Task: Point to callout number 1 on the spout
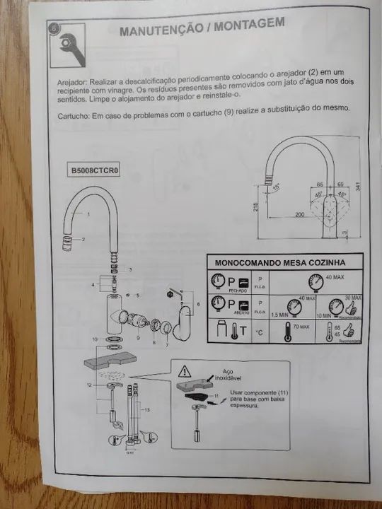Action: coord(90,213)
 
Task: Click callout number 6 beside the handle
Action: coord(198,303)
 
